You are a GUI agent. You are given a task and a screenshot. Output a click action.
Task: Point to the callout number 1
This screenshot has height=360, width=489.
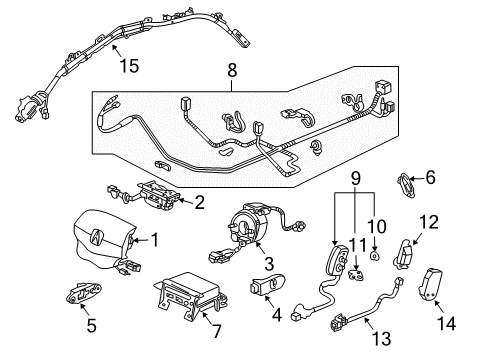155,239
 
